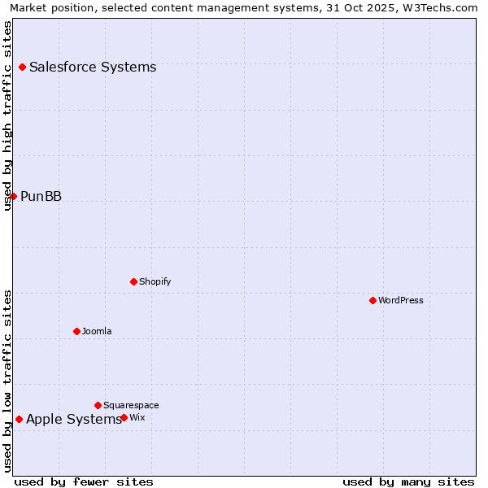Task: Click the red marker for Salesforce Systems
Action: [22, 67]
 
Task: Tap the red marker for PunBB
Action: [13, 196]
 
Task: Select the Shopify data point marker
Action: [133, 281]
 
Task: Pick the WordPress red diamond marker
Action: [373, 300]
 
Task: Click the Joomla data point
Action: [76, 331]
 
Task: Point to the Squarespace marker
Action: [98, 405]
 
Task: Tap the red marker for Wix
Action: [124, 417]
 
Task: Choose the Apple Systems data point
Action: [19, 419]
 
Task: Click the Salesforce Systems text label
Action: [93, 67]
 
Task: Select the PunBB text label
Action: [41, 196]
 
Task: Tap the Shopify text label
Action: [155, 281]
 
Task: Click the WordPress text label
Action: [400, 300]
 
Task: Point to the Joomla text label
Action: [97, 331]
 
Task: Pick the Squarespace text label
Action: [131, 405]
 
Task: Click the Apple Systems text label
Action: [73, 419]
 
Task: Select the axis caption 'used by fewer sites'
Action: [84, 481]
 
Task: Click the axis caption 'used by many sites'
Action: [408, 481]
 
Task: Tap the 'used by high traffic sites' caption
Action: [7, 115]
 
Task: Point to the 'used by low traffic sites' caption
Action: [7, 381]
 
